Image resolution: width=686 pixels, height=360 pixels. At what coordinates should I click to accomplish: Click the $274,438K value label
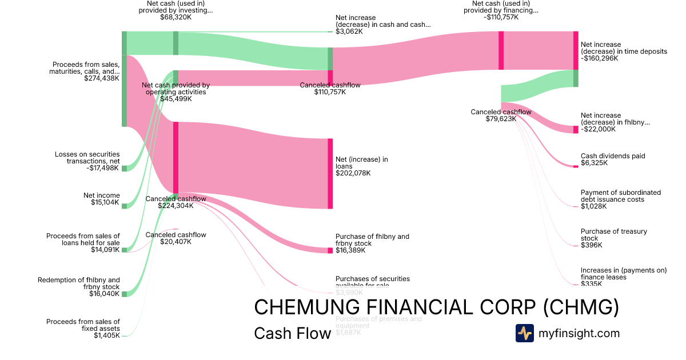click(x=102, y=78)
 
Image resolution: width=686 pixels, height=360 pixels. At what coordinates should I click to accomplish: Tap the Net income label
click(x=102, y=195)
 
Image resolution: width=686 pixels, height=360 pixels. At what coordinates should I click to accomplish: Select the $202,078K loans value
click(x=353, y=173)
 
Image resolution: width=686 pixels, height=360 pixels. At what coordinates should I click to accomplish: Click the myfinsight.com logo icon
click(x=525, y=333)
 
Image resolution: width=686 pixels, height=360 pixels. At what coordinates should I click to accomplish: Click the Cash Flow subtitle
click(x=292, y=333)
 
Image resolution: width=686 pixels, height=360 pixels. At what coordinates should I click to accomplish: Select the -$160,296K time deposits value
click(x=599, y=58)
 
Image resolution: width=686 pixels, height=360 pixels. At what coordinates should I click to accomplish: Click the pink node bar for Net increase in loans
click(x=330, y=173)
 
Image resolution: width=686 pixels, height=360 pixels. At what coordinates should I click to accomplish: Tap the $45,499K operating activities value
click(x=176, y=99)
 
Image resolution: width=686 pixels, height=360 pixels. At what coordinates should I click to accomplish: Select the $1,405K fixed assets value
click(x=107, y=335)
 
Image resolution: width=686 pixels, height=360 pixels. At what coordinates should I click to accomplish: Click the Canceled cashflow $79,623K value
click(x=501, y=119)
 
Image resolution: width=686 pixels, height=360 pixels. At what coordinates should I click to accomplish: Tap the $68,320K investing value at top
click(x=176, y=18)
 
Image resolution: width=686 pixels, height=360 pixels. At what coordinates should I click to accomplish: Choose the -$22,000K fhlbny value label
click(x=598, y=129)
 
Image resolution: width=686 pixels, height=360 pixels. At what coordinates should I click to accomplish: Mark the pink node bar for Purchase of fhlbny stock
click(x=330, y=250)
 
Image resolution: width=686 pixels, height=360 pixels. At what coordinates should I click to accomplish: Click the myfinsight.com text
click(x=579, y=333)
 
